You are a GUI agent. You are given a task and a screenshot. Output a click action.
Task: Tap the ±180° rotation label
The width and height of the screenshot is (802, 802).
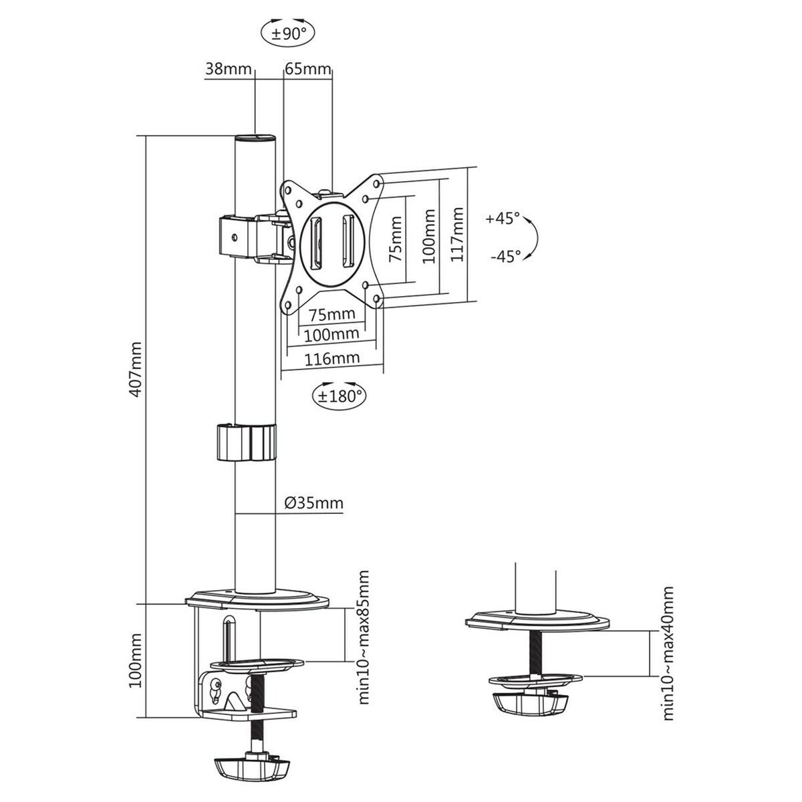[340, 396]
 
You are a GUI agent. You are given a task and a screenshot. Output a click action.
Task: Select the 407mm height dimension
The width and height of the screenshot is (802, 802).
[136, 370]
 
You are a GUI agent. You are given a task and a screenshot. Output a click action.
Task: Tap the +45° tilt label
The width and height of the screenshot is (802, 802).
[503, 218]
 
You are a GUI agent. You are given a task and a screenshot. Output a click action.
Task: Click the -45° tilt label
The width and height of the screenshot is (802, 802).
[505, 256]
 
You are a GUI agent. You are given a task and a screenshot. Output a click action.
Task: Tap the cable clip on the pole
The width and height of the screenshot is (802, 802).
[246, 442]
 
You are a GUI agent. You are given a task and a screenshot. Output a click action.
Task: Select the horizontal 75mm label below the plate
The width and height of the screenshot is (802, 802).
[332, 314]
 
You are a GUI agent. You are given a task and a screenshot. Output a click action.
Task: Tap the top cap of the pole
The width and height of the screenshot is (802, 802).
[256, 138]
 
